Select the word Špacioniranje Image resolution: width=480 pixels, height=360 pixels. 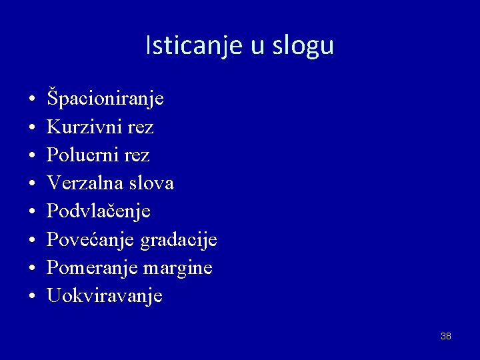coord(105,99)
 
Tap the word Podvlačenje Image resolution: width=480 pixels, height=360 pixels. coord(99,212)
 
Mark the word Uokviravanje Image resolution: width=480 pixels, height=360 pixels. coord(105,296)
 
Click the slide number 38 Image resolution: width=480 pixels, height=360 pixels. coord(446,336)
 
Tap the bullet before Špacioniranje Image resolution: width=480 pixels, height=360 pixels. coord(32,101)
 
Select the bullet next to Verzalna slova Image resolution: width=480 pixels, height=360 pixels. coord(32,185)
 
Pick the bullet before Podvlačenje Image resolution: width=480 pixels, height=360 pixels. coord(32,213)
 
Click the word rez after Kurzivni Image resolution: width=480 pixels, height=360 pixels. coord(141,127)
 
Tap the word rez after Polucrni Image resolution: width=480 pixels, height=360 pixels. coord(137,155)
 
